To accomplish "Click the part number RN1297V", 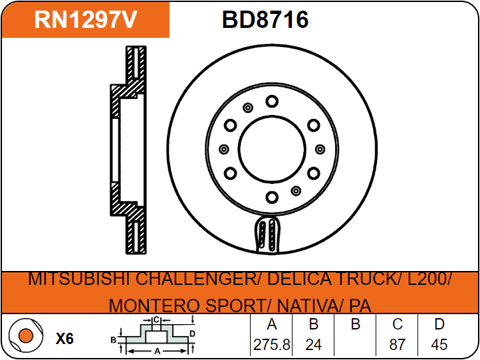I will [86, 20].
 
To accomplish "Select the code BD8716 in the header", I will [265, 20].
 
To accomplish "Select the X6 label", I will [64, 339].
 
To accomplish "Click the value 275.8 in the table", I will [271, 345].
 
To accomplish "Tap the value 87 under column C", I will [398, 345].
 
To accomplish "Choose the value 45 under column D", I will [439, 345].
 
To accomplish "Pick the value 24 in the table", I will [313, 345].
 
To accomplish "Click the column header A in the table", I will [271, 325].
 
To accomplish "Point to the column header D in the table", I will [439, 325].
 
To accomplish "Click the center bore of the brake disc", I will [271, 149].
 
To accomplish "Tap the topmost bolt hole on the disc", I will [271, 101].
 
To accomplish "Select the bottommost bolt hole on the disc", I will [271, 197].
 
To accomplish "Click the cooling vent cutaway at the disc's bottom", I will [270, 235].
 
